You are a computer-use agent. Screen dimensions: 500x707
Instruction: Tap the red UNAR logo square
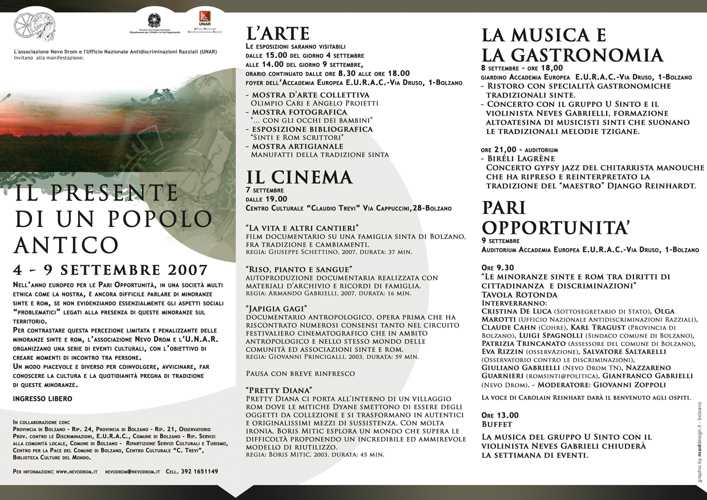point(204,16)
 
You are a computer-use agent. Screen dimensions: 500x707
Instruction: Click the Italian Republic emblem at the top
point(154,20)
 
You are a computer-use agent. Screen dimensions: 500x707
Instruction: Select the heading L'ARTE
point(278,33)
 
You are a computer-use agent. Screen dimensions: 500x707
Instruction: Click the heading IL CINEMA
point(299,177)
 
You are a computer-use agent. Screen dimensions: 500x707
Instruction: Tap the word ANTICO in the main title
point(66,244)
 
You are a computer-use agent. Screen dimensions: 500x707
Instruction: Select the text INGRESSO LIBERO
point(42,398)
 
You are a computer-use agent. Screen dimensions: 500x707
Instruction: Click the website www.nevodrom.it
point(76,471)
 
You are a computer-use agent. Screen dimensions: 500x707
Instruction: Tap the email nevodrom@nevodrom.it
point(133,471)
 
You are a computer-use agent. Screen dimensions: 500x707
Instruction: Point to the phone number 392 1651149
point(199,471)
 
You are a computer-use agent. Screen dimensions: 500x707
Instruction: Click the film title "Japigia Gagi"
point(276,308)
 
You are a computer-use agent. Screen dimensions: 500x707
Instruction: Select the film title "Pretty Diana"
point(279,390)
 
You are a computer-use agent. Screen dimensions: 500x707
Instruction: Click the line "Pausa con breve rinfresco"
point(300,373)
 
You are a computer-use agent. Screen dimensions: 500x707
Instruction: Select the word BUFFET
point(497,424)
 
